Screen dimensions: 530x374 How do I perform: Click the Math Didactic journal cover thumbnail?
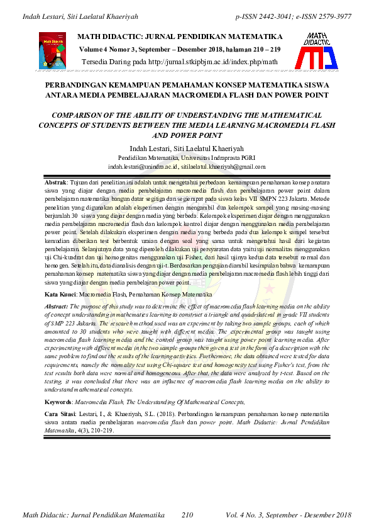pos(52,51)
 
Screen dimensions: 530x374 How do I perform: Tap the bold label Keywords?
pos(62,402)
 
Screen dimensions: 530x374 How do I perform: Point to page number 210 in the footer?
pos(187,516)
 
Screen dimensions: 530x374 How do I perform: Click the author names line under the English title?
pos(187,148)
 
